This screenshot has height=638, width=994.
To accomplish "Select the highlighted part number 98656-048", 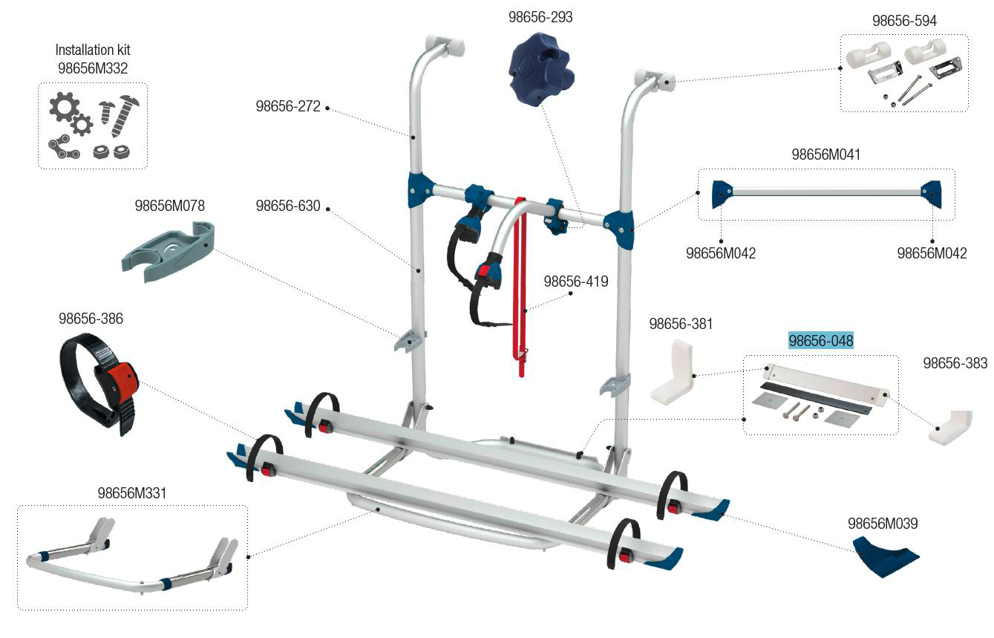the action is click(x=820, y=340).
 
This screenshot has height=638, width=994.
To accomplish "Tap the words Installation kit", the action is click(x=93, y=50).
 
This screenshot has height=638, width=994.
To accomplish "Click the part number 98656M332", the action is click(x=93, y=68).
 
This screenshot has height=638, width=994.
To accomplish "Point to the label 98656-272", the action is click(x=288, y=106).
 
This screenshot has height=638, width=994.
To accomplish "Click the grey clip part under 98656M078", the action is click(x=169, y=251).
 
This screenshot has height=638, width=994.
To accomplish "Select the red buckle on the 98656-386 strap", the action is click(x=122, y=381).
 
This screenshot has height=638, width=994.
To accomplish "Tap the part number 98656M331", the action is click(x=132, y=493).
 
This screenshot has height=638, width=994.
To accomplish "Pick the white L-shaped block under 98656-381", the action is click(x=673, y=372).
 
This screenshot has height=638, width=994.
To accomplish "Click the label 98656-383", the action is click(x=955, y=362).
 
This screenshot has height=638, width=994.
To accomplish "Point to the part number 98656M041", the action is click(x=825, y=154).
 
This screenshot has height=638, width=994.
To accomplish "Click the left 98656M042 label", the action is click(x=721, y=253).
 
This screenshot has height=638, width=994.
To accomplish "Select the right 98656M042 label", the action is click(x=932, y=253).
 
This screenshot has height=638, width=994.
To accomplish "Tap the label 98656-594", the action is click(x=904, y=20).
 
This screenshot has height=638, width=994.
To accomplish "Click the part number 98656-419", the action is click(x=576, y=281).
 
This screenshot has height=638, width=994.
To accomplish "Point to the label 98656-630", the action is click(x=288, y=206).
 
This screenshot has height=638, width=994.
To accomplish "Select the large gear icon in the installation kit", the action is click(x=63, y=106).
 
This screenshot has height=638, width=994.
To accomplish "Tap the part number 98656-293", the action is click(x=540, y=17).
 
